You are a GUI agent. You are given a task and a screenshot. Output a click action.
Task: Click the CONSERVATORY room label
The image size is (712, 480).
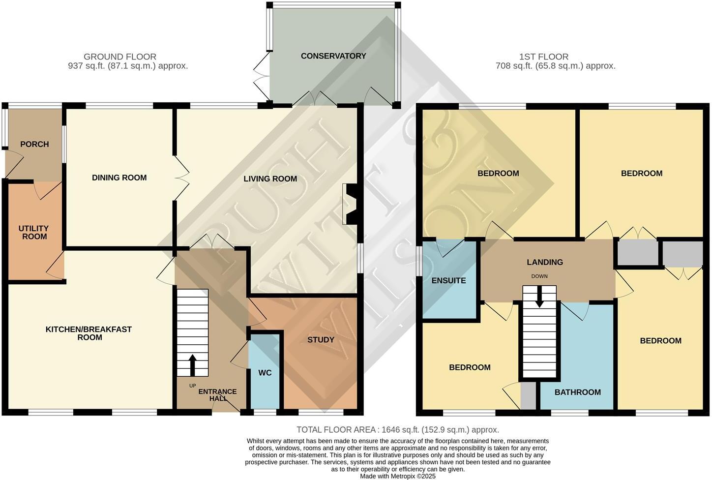[x=333, y=56]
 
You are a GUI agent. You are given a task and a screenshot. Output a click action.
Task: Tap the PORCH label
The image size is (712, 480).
[x=34, y=144]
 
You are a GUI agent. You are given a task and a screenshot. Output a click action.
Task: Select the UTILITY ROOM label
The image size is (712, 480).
[x=33, y=233]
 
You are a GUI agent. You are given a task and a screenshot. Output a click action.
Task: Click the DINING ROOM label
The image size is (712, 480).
[x=119, y=178]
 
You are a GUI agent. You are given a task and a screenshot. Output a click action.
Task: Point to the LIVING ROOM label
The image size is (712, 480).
[x=270, y=179]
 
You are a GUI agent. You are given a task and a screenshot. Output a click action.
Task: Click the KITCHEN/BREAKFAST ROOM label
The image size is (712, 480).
[x=89, y=333]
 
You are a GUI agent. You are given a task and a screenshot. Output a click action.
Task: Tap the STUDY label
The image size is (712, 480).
[x=321, y=339]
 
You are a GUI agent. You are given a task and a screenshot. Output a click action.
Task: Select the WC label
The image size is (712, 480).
[x=265, y=373]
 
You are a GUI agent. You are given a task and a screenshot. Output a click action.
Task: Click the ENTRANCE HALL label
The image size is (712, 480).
[x=217, y=395]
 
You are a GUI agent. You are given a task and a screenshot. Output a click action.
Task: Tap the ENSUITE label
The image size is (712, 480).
[x=448, y=281]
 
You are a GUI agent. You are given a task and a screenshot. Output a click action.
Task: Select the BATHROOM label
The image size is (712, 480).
[x=577, y=392]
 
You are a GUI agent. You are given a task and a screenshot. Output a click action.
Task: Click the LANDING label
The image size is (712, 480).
[x=544, y=262]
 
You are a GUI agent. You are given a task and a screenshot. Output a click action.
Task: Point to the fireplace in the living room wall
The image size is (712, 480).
[x=351, y=204]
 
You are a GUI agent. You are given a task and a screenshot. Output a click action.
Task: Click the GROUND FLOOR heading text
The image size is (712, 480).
[x=120, y=57]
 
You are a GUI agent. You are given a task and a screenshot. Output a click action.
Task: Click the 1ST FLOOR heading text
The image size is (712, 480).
[x=543, y=57]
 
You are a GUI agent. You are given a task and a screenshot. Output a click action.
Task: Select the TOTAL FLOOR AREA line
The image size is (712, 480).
[x=397, y=430]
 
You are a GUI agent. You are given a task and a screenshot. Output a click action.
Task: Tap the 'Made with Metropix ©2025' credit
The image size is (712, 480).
[x=397, y=476]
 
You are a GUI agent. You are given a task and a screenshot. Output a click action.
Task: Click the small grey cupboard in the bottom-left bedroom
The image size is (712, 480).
[x=528, y=396]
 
